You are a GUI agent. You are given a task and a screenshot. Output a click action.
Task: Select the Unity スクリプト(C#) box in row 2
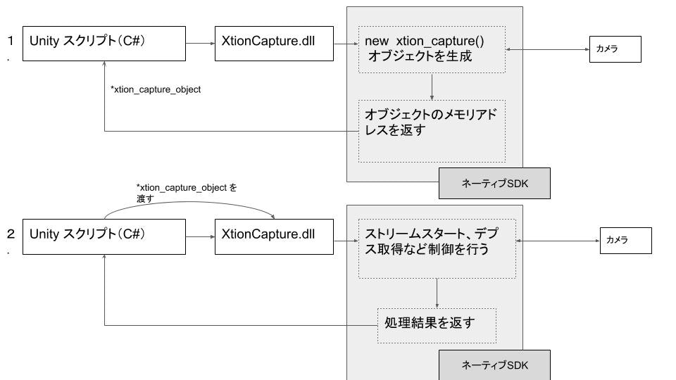click(104, 236)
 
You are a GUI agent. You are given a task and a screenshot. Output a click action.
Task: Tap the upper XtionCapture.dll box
click(274, 44)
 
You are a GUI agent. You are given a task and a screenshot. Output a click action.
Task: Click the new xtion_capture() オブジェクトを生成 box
click(432, 49)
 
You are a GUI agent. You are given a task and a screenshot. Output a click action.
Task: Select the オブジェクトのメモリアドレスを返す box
click(432, 131)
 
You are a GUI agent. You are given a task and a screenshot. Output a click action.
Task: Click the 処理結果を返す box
click(437, 325)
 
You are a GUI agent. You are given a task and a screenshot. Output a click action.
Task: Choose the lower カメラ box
click(625, 241)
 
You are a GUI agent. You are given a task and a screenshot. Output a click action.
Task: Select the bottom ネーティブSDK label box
click(494, 366)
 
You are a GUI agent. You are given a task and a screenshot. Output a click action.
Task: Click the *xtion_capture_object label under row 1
click(156, 89)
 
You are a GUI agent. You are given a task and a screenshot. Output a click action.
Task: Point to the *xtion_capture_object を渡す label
click(186, 193)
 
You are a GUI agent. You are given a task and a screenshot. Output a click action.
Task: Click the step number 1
click(11, 42)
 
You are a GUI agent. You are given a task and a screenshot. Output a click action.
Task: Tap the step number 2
click(11, 233)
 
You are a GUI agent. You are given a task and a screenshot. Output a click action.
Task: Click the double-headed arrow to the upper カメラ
click(547, 50)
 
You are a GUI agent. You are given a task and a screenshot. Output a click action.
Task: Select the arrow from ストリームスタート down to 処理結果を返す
click(437, 293)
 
